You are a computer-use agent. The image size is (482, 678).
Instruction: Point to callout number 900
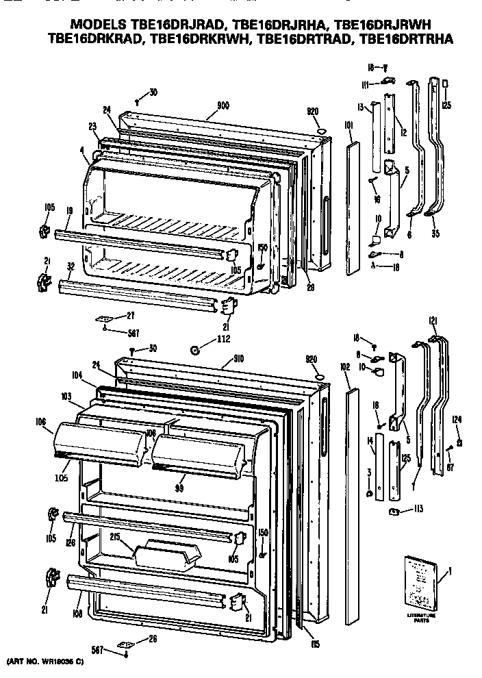click(x=223, y=105)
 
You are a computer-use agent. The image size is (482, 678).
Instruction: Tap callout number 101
click(x=348, y=125)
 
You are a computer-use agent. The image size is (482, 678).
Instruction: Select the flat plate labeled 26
click(x=126, y=644)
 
